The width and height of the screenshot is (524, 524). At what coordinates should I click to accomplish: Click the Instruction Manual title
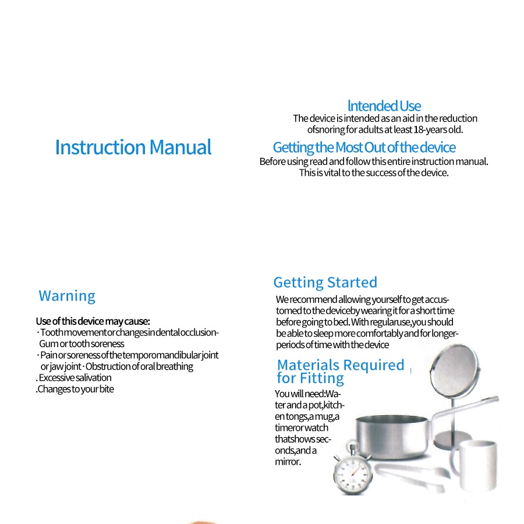[x=133, y=147]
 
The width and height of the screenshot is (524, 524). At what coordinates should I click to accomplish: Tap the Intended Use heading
[x=384, y=106]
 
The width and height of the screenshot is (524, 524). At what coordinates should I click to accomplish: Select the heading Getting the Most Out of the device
[x=364, y=147]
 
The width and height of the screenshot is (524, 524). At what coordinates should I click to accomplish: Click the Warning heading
[x=67, y=296]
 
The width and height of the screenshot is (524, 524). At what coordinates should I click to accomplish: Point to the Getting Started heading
[x=325, y=282]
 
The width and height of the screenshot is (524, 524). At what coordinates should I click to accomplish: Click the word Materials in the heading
[x=307, y=365]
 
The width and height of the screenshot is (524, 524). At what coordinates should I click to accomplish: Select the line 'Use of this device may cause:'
[x=93, y=321]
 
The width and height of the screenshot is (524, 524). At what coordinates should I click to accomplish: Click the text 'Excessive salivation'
[x=75, y=378]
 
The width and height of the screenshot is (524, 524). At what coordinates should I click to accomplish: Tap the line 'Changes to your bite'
[x=76, y=389]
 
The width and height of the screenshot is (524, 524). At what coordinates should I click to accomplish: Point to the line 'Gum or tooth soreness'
[x=82, y=344]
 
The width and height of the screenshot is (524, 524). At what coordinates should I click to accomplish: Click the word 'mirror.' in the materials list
[x=288, y=462]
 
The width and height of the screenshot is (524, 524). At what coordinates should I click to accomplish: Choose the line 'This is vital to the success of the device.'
[x=374, y=173]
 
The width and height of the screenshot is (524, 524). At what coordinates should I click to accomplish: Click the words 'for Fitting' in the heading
[x=310, y=378]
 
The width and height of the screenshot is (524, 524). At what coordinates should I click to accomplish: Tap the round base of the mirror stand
[x=455, y=437]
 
